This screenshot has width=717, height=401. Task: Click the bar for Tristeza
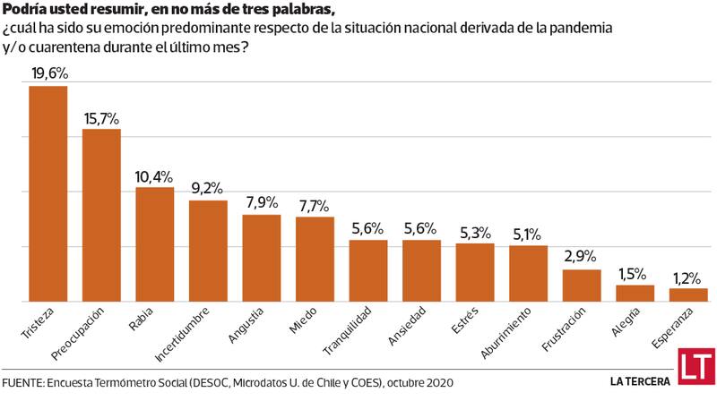48,193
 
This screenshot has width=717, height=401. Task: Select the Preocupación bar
101,215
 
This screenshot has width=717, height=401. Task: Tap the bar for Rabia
154,243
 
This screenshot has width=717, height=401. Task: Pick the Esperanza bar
688,294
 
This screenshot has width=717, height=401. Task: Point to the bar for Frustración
582,285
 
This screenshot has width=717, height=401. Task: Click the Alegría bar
635,293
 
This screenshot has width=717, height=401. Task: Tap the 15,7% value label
101,118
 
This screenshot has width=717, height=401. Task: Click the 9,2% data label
208,189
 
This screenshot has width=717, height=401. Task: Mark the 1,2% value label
688,277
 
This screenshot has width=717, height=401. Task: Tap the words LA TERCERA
640,380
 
